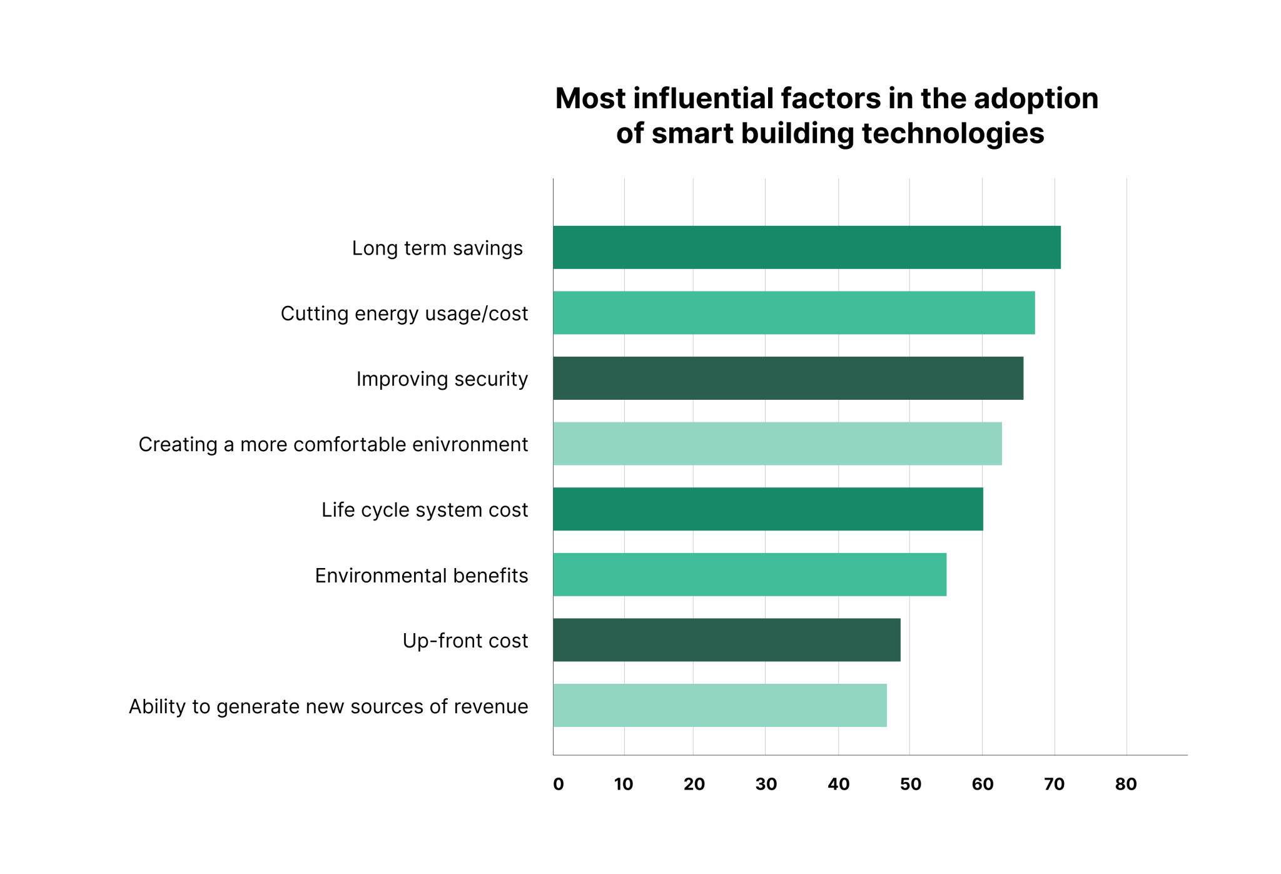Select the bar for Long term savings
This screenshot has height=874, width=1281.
806,247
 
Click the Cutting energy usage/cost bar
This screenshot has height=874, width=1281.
793,313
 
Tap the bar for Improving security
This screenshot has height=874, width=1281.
787,378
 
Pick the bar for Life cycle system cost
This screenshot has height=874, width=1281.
767,509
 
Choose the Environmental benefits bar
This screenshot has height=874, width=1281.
749,574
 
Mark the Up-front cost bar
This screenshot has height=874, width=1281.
726,639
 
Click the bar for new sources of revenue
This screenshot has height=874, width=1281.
719,705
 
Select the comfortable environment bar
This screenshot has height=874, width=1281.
777,444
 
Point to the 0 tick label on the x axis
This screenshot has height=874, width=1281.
558,784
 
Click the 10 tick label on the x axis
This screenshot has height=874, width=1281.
623,784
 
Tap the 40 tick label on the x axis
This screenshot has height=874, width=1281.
838,784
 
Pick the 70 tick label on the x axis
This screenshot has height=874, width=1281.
1054,784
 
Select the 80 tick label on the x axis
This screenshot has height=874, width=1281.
1126,784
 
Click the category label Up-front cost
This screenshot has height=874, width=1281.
465,641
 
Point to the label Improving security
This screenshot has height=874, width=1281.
442,379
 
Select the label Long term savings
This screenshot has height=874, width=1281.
437,248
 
